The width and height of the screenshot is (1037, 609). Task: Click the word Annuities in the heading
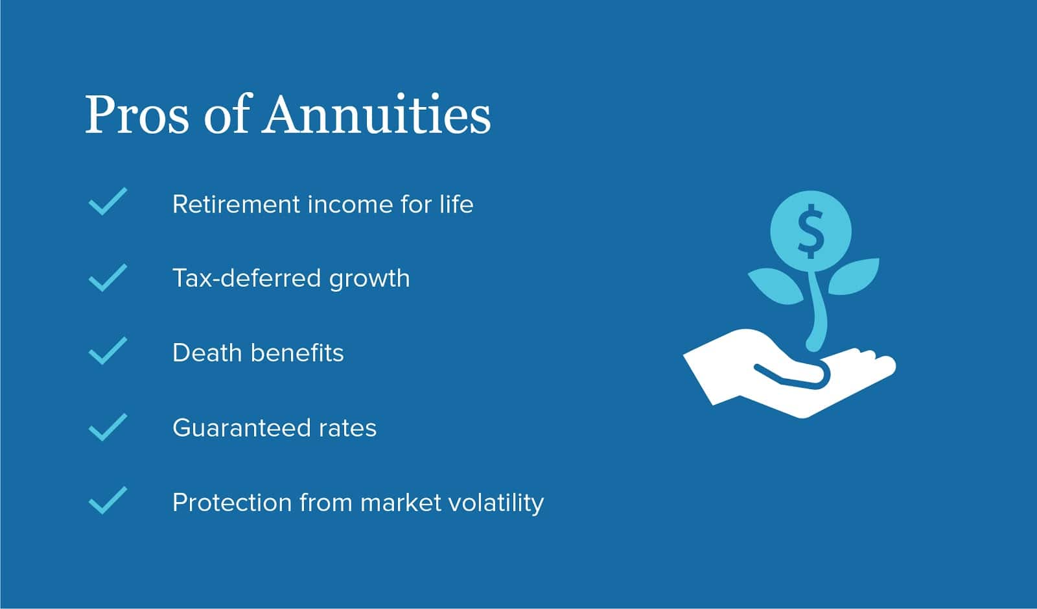[x=377, y=114]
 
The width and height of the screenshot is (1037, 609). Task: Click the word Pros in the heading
[x=137, y=114]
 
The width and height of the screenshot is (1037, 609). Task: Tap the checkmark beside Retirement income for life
[x=108, y=202]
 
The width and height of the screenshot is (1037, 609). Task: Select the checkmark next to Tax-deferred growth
[x=108, y=278]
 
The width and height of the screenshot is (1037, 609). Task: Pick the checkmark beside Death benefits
[x=108, y=351]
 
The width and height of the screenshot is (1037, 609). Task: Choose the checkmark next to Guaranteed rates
[x=108, y=427]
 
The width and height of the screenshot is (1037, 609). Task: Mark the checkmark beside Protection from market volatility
[x=108, y=500]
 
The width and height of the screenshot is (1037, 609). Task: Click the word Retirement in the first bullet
[x=236, y=204]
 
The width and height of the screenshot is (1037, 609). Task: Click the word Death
[x=207, y=353]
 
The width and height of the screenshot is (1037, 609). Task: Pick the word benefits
[x=297, y=353]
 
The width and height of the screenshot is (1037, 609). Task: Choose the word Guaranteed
[x=241, y=427]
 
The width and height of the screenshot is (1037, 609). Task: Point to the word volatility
[x=496, y=503]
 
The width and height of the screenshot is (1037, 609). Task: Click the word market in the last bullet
[x=401, y=503]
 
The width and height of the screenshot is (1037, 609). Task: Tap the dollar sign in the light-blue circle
[x=811, y=231]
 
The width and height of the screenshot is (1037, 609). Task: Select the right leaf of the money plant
[x=854, y=276]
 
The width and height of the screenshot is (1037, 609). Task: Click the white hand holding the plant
[x=789, y=374]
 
